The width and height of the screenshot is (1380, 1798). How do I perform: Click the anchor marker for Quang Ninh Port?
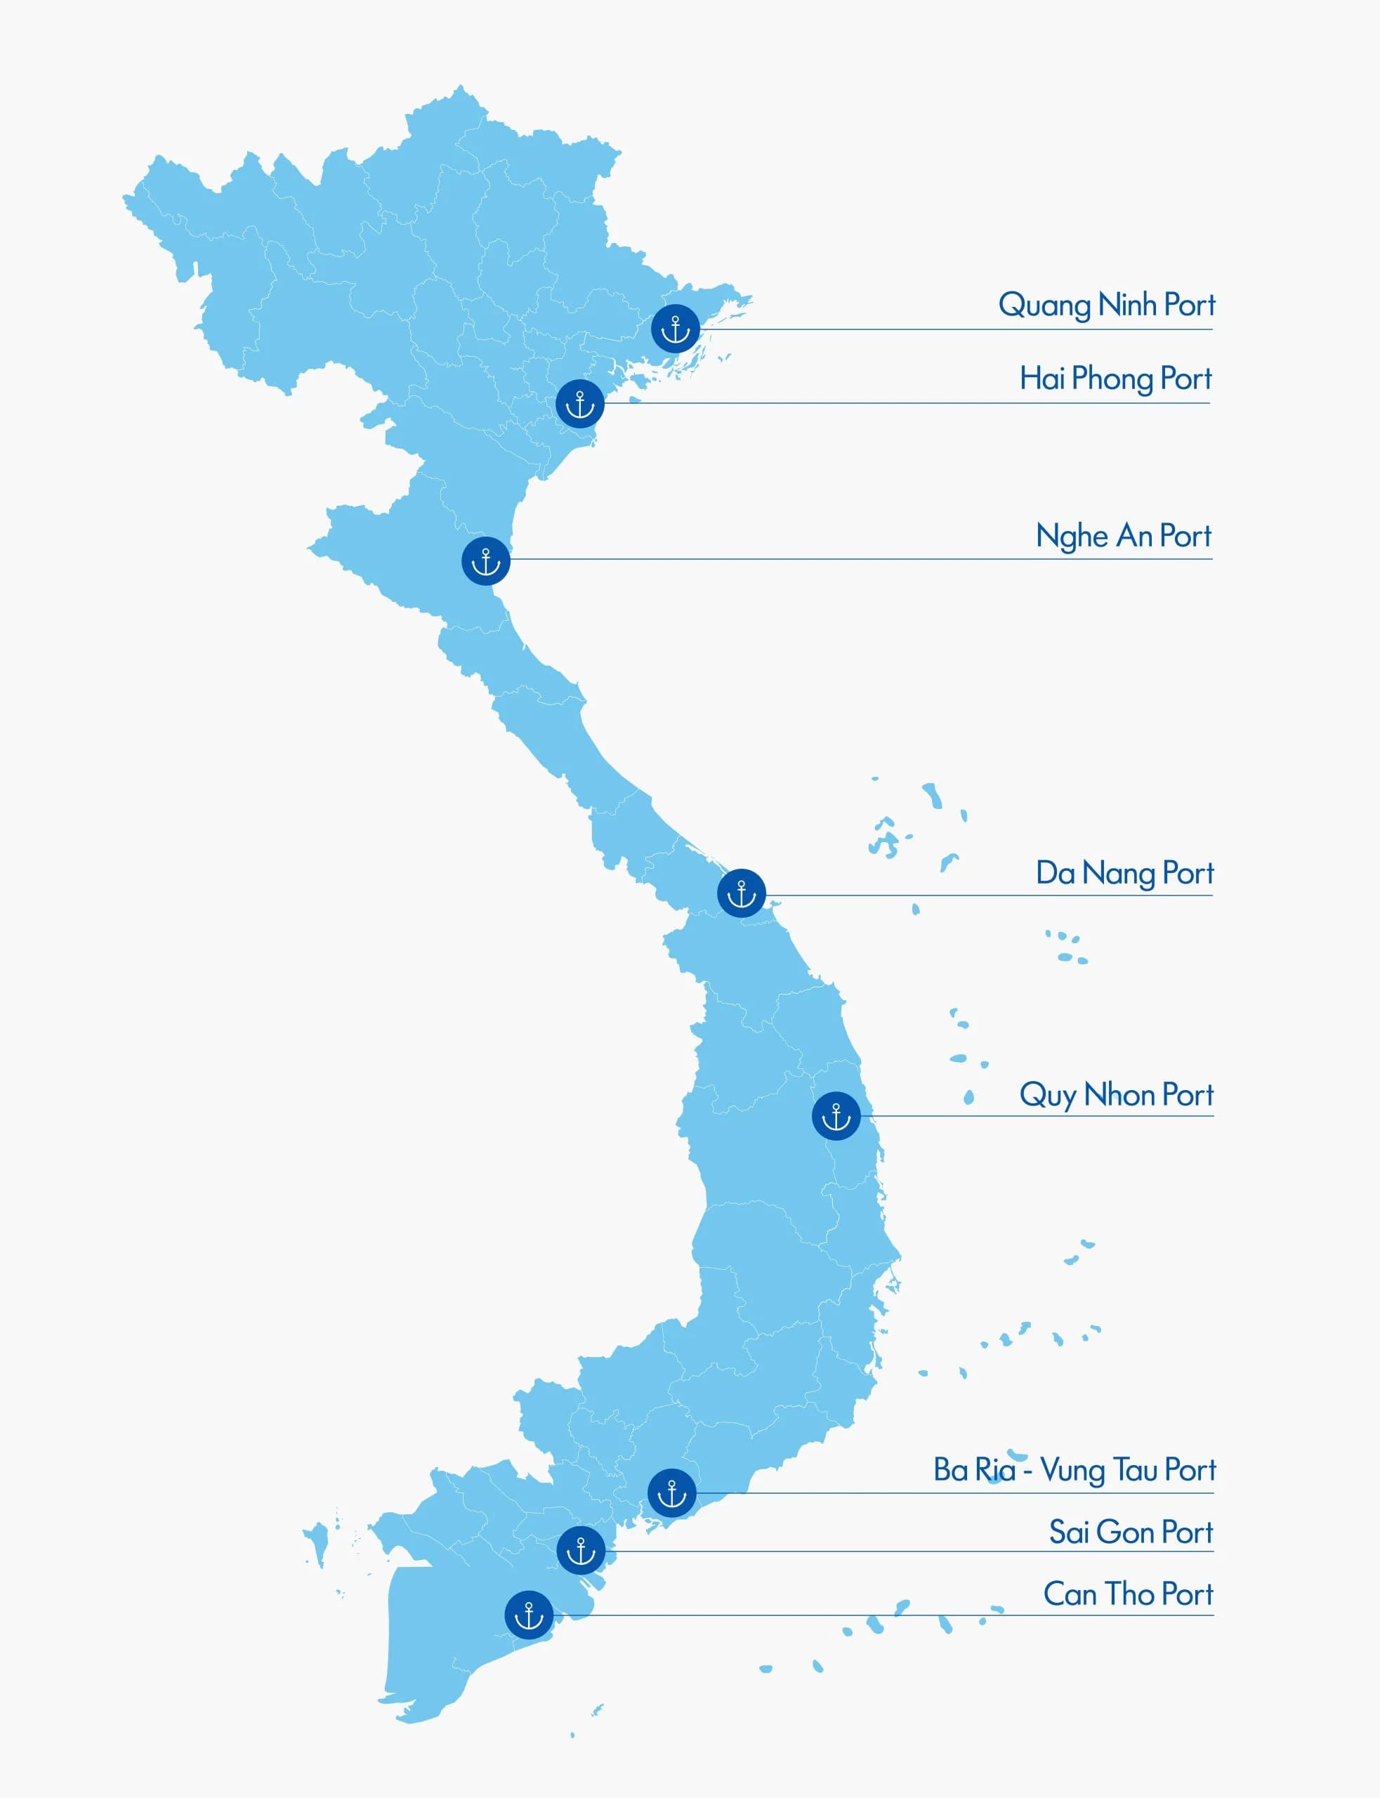point(675,329)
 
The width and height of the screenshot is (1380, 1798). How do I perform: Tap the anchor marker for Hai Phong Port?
point(580,403)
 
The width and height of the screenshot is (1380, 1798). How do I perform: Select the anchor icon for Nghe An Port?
point(485,561)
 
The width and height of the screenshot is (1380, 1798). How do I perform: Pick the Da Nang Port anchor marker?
point(741,893)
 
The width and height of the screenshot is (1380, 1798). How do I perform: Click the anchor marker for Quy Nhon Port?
point(836,1116)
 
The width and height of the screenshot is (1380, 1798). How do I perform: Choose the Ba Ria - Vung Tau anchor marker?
point(672,1492)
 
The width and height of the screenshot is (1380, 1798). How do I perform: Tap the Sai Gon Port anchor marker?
point(581,1551)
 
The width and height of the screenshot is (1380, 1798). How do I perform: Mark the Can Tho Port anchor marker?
point(529,1615)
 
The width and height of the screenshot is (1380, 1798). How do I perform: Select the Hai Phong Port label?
point(1115,379)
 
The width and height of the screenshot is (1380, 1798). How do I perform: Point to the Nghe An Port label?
point(1123,537)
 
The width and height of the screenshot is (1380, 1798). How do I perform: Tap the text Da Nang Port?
point(1124,873)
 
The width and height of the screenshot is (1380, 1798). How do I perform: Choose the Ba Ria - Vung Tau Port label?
point(1074,1469)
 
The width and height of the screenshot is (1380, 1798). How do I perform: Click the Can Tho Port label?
point(1128,1594)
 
